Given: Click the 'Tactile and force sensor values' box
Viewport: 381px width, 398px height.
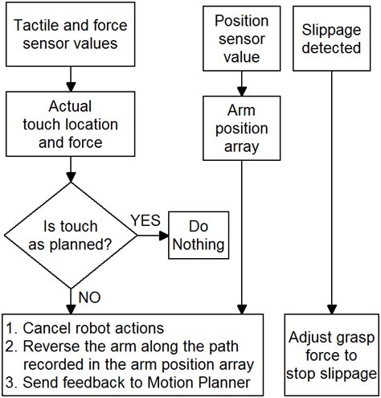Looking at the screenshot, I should pyautogui.click(x=72, y=35).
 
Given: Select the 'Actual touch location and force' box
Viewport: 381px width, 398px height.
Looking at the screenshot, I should pyautogui.click(x=72, y=125).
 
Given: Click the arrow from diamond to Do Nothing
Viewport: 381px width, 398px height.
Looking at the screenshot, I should pyautogui.click(x=153, y=235).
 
